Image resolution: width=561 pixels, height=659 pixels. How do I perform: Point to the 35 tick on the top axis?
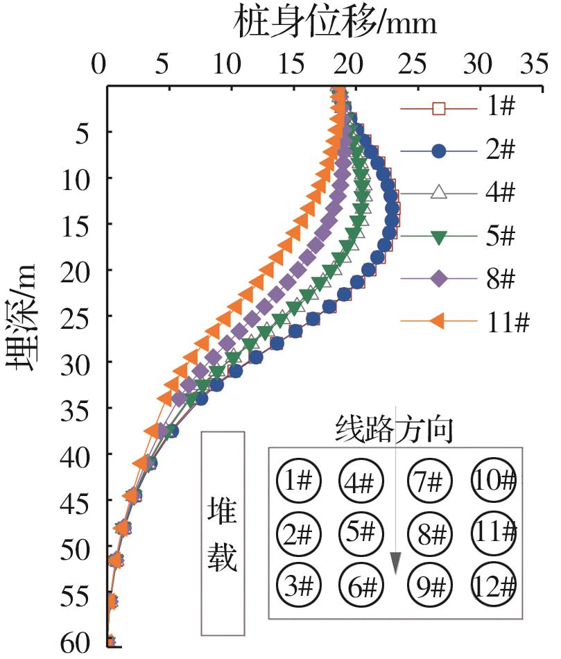533,65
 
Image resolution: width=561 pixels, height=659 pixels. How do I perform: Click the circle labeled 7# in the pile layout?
430,480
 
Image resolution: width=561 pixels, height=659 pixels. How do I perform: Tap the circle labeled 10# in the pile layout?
494,480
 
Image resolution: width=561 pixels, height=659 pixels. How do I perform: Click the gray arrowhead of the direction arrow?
395,563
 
